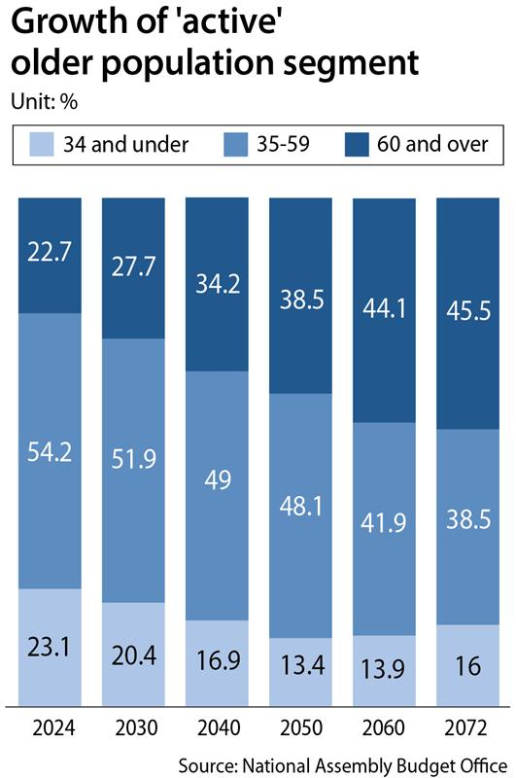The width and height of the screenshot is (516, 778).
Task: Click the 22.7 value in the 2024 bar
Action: click(x=50, y=251)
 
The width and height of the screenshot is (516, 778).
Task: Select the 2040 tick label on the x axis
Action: click(x=219, y=727)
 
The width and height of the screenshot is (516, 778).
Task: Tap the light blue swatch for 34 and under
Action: click(x=42, y=144)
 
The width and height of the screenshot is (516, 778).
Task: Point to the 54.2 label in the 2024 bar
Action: click(x=50, y=452)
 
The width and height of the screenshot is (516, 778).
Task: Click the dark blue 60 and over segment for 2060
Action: click(x=384, y=310)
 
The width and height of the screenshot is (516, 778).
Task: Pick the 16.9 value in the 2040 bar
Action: click(x=218, y=660)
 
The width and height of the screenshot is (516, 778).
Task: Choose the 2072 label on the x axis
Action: click(x=465, y=727)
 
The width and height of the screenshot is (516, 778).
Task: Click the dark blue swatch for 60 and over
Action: click(x=357, y=144)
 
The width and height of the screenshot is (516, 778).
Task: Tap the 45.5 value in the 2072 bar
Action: click(x=468, y=310)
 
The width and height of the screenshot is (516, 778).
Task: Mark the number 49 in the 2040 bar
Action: click(x=218, y=479)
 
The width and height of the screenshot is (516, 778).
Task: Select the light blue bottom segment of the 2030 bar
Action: click(x=133, y=654)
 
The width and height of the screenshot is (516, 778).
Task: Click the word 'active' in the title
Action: click(x=229, y=22)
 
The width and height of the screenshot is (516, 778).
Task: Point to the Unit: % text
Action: click(x=44, y=102)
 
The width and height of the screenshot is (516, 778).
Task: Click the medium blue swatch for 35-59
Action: click(x=235, y=144)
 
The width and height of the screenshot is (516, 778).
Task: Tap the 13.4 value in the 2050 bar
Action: click(x=302, y=665)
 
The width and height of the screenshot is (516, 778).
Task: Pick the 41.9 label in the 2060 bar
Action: click(x=384, y=522)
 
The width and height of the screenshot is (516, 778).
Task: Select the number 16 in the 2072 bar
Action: click(x=468, y=666)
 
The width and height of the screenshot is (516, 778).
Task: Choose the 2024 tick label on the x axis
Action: click(x=54, y=727)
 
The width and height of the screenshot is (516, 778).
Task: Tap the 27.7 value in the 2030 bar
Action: click(x=133, y=265)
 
